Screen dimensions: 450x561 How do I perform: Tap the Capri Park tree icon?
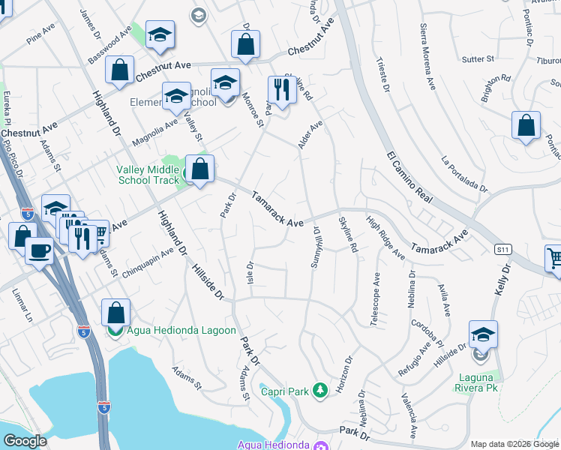point(320,390)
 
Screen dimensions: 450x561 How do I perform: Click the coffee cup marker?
point(39,250)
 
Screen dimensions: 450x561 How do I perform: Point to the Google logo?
point(25,441)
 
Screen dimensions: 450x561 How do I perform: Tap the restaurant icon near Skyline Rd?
point(282,91)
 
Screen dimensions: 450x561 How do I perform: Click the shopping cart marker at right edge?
point(554,259)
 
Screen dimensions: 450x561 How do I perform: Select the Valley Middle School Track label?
point(148,175)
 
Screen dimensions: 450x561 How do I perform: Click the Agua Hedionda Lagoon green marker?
point(115,330)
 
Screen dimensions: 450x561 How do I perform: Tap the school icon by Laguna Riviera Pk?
point(483,334)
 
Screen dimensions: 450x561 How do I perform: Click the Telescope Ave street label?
point(374,298)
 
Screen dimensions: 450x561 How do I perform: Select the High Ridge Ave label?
point(385,237)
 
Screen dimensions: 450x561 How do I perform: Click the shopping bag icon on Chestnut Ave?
point(245,45)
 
